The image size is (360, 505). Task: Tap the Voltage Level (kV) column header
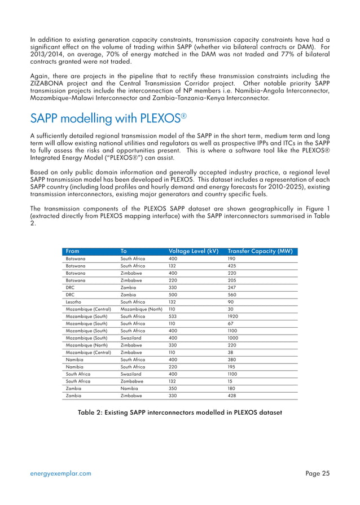194,251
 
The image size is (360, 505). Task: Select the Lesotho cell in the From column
74,302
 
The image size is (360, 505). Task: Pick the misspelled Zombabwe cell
134,381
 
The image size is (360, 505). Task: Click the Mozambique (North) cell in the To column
142,310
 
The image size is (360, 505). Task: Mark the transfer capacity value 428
232,397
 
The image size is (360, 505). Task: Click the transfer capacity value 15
230,381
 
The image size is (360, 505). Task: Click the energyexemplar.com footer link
62,474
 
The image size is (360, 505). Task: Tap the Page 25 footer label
318,474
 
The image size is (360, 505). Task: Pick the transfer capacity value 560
232,294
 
